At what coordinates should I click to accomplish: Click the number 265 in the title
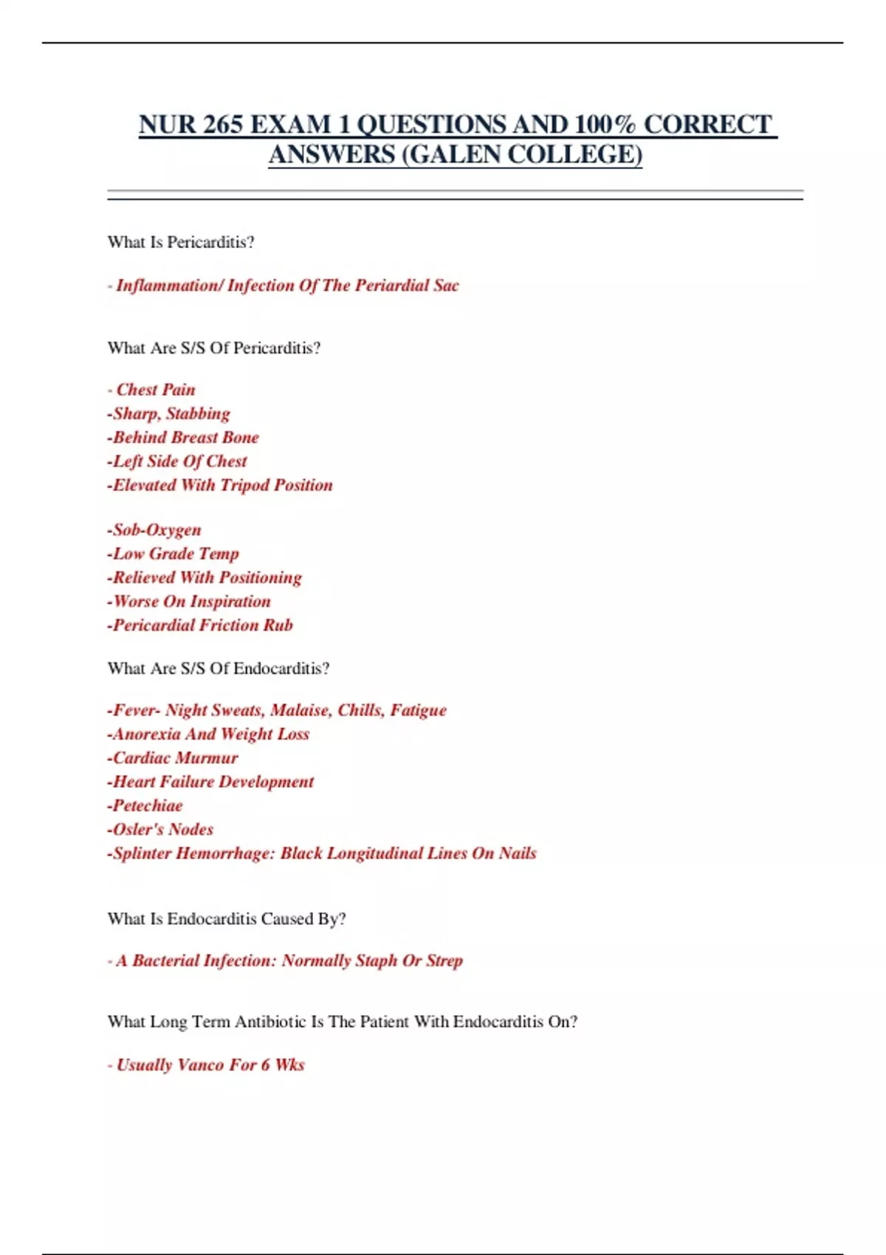click(x=222, y=125)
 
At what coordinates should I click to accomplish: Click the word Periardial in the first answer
click(x=391, y=286)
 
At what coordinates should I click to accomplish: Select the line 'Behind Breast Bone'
click(x=185, y=437)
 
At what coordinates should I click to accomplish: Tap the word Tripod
click(x=246, y=485)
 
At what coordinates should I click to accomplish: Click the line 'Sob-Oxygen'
click(x=156, y=530)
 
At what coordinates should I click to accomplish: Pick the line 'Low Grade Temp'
click(x=175, y=554)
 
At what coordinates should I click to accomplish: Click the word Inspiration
click(x=230, y=602)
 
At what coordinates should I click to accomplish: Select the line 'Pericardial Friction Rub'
click(x=202, y=625)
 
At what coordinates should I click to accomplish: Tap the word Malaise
click(x=300, y=710)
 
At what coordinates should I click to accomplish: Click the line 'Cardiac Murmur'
click(x=174, y=758)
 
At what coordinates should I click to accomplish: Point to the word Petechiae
click(x=147, y=805)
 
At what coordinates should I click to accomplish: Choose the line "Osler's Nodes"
click(x=162, y=830)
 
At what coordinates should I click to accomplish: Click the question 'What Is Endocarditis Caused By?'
click(x=227, y=919)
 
